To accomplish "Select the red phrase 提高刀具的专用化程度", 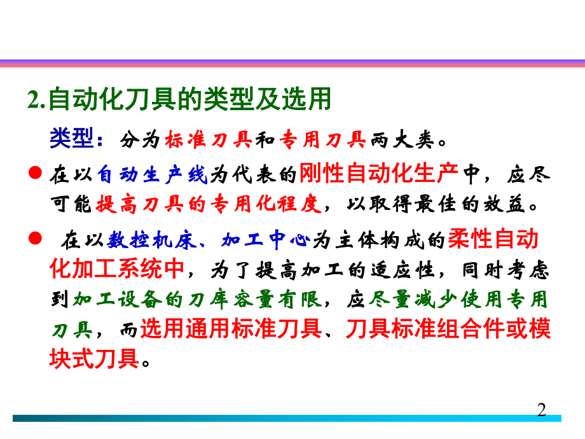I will [209, 204].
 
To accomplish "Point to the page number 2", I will [542, 409].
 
